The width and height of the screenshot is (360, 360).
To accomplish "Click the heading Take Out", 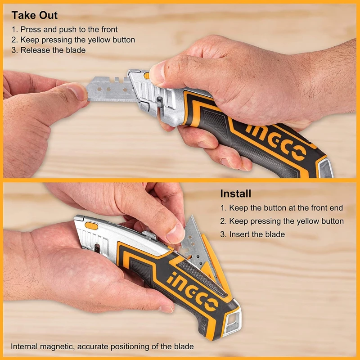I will coord(35,15).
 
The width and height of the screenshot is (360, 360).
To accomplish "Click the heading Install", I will coord(236,194).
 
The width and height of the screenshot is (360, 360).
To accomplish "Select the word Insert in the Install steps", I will coord(241,234).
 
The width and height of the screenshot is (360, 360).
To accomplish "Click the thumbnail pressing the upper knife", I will coord(157,72).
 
